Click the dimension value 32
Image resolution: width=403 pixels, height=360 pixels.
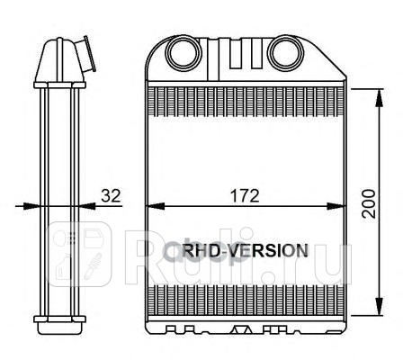click(110, 193)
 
